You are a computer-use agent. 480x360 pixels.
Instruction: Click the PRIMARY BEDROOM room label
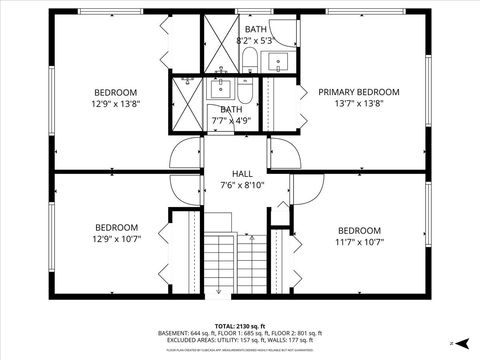pos(358,92)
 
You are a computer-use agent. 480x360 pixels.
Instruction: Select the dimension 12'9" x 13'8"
pos(116,103)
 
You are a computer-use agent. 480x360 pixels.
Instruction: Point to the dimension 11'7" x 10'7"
pos(359,241)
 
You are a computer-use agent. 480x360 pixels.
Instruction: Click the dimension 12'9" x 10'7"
pos(116,239)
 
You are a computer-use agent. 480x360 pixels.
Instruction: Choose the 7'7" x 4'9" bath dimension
pos(230,121)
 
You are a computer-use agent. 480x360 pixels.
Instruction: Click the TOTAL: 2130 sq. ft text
pos(238,326)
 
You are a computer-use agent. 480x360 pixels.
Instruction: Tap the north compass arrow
pos(454,343)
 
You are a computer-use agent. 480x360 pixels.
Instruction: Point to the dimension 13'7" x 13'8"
pos(358,103)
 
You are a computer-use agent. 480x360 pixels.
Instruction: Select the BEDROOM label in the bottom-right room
pos(359,230)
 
